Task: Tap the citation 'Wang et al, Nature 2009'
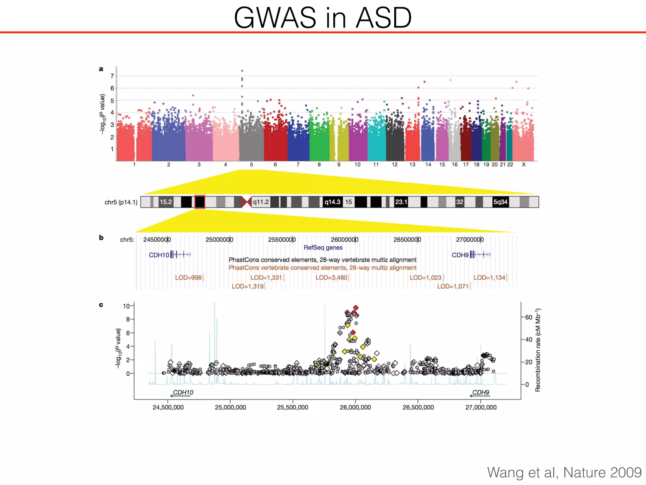coord(564,472)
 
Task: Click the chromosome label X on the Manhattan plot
coord(524,165)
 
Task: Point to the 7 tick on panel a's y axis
coord(112,76)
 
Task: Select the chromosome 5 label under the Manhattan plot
coord(251,165)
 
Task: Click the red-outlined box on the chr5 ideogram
coord(200,202)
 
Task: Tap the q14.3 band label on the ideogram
coord(332,202)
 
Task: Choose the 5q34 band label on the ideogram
coord(500,202)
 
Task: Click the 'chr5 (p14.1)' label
coord(121,202)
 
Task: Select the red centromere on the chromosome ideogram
coord(246,202)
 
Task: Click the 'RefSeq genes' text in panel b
coord(323,248)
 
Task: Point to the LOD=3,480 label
coord(332,278)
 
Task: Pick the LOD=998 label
coord(188,278)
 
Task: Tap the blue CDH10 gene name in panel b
coord(159,255)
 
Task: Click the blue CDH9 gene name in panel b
coord(460,255)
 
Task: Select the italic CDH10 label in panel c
coord(183,392)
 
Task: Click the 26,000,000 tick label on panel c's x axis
coord(355,407)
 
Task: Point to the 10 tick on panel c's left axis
coord(126,306)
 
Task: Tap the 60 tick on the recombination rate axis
coord(529,317)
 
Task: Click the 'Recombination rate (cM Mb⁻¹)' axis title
coord(538,350)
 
